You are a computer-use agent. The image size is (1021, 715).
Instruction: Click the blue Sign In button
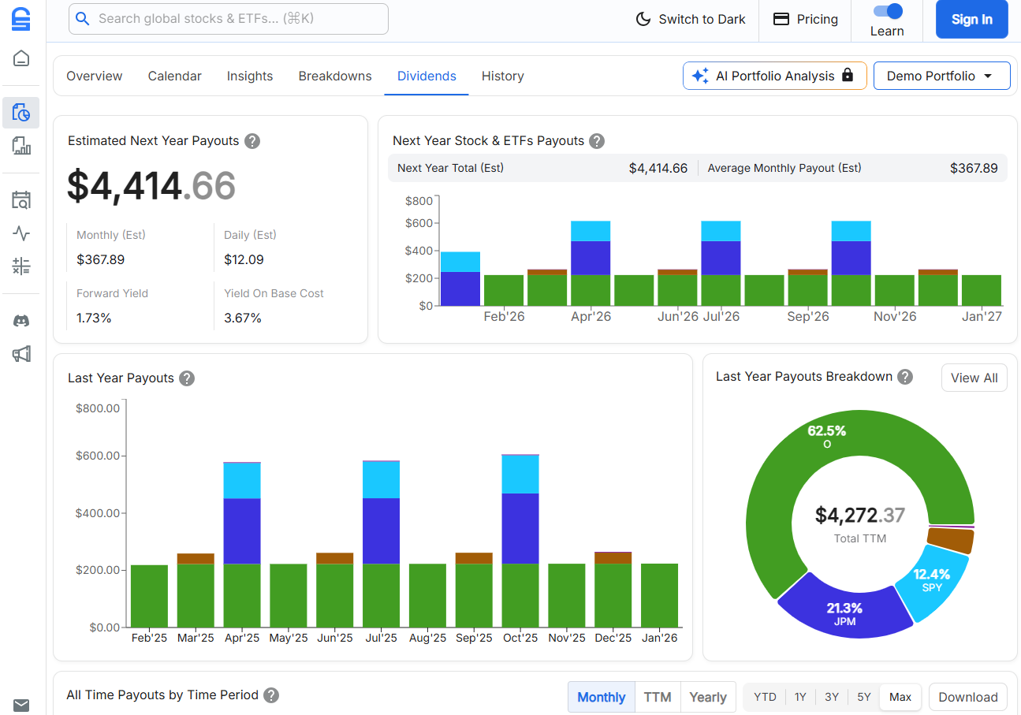click(971, 20)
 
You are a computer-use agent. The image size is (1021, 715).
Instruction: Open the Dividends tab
click(427, 76)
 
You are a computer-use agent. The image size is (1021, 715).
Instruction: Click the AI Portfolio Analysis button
click(774, 76)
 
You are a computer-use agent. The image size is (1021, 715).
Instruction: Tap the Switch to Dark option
click(691, 20)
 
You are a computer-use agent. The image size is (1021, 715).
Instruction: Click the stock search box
click(229, 19)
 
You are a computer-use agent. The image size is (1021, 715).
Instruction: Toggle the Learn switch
click(887, 12)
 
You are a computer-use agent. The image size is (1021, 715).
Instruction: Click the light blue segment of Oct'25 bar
click(520, 474)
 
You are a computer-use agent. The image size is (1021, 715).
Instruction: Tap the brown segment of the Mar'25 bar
click(196, 558)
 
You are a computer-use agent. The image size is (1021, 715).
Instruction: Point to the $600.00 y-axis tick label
click(98, 456)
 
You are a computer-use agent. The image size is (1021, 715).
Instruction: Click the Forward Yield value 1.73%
click(94, 318)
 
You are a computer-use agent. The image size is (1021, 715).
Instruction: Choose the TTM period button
click(657, 697)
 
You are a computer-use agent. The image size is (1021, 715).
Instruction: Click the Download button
click(967, 697)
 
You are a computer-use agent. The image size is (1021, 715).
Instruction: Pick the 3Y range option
click(832, 697)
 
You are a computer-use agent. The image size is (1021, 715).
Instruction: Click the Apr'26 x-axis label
click(591, 317)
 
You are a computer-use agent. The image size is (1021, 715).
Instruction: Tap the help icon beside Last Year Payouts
click(187, 378)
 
